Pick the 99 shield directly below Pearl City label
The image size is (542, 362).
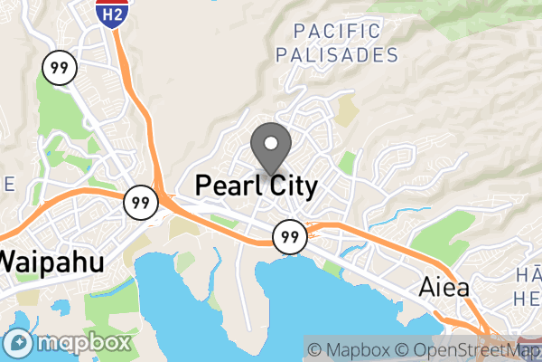tap(289, 236)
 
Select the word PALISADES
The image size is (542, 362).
tap(337, 55)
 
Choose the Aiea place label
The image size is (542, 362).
tap(444, 288)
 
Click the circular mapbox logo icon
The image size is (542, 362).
tap(18, 344)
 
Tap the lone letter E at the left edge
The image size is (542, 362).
tap(9, 184)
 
